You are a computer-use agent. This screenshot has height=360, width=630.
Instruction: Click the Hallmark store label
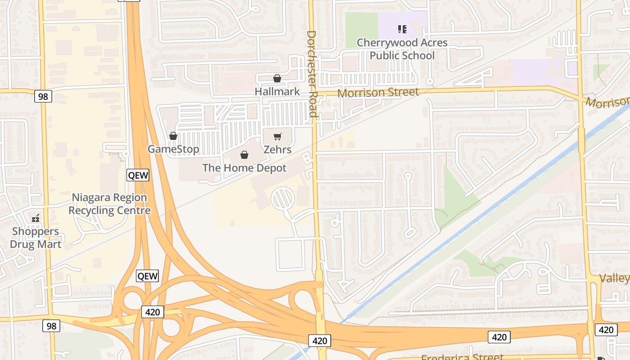[x=277, y=91]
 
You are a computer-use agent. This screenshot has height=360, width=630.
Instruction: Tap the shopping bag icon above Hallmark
[x=277, y=79]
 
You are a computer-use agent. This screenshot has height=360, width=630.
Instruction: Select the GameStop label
[x=173, y=149]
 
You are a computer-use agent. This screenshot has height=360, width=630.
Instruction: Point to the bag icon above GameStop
[x=173, y=136]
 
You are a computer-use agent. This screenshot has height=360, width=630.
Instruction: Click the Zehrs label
[x=277, y=149]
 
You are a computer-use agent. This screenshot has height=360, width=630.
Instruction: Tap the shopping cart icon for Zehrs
[x=278, y=136]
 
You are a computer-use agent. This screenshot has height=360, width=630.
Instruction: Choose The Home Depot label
[x=244, y=168]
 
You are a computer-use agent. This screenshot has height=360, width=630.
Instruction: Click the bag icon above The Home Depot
[x=244, y=155]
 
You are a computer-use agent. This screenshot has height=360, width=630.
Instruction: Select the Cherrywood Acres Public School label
[x=402, y=49]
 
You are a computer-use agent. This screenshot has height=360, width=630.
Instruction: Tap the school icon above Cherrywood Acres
[x=402, y=29]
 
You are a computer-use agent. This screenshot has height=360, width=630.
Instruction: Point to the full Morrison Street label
[x=378, y=93]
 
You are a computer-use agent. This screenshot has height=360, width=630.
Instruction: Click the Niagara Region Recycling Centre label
[x=109, y=204]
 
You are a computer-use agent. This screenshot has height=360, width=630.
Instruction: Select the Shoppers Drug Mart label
[x=36, y=238]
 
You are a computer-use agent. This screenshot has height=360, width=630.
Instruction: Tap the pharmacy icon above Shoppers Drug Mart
[x=36, y=219]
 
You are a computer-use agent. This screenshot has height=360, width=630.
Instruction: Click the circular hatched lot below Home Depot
[x=283, y=198]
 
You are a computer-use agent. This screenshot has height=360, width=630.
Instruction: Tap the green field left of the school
[x=361, y=27]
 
